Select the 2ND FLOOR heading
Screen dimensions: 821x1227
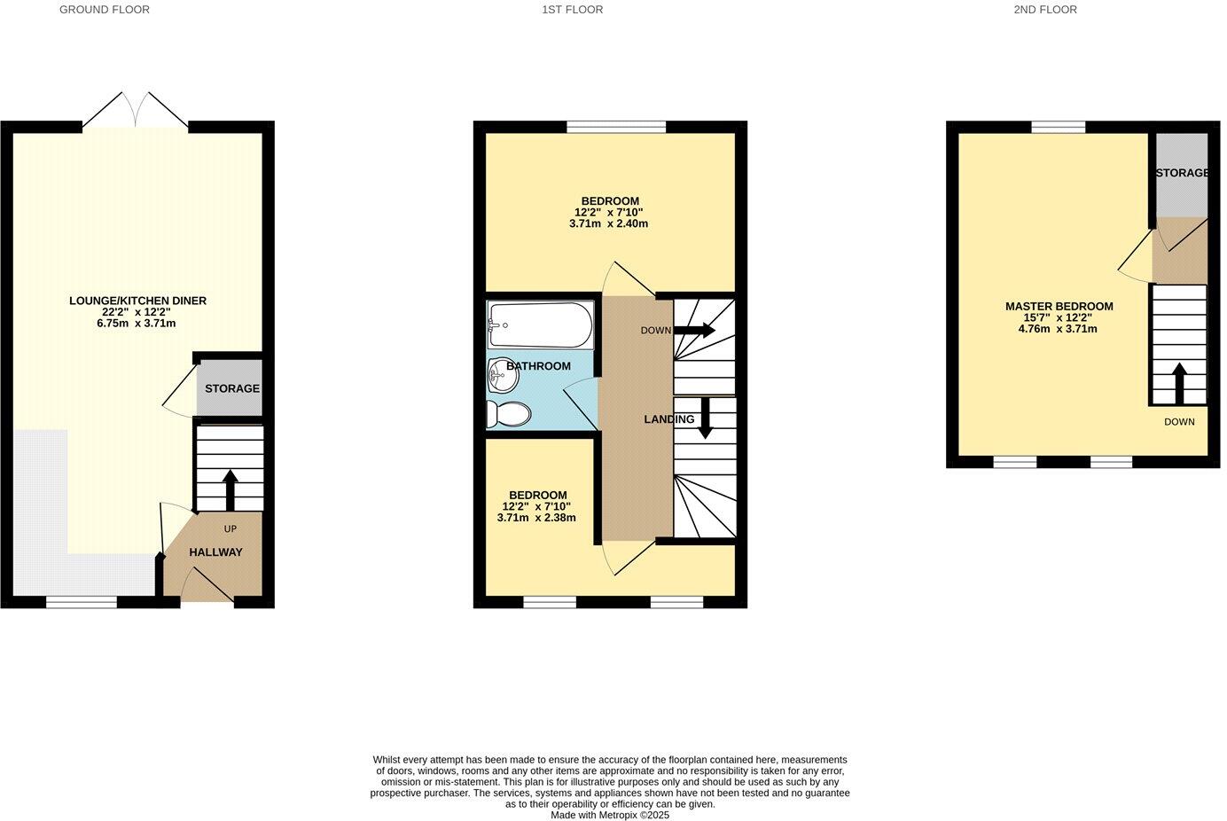tap(1045, 10)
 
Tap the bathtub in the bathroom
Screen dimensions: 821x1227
tap(540, 325)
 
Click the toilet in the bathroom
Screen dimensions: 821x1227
tap(509, 414)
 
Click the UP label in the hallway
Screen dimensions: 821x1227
tap(231, 529)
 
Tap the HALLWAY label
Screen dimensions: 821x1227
tap(215, 552)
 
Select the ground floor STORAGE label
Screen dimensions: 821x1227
tap(232, 388)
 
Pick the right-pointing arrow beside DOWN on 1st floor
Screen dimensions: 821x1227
tap(697, 331)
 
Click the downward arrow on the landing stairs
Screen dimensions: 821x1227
tap(706, 418)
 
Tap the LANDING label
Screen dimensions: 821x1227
tap(669, 419)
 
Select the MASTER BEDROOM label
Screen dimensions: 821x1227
tap(1059, 307)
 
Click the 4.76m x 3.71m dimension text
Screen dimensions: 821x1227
tap(1058, 329)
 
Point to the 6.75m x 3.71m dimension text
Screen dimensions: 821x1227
tap(137, 324)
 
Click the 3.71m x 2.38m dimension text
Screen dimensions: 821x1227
tap(536, 518)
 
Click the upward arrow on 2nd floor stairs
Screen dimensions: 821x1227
tap(1179, 382)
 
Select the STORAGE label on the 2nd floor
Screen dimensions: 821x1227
tap(1182, 173)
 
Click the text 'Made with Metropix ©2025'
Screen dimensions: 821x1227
tap(610, 815)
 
